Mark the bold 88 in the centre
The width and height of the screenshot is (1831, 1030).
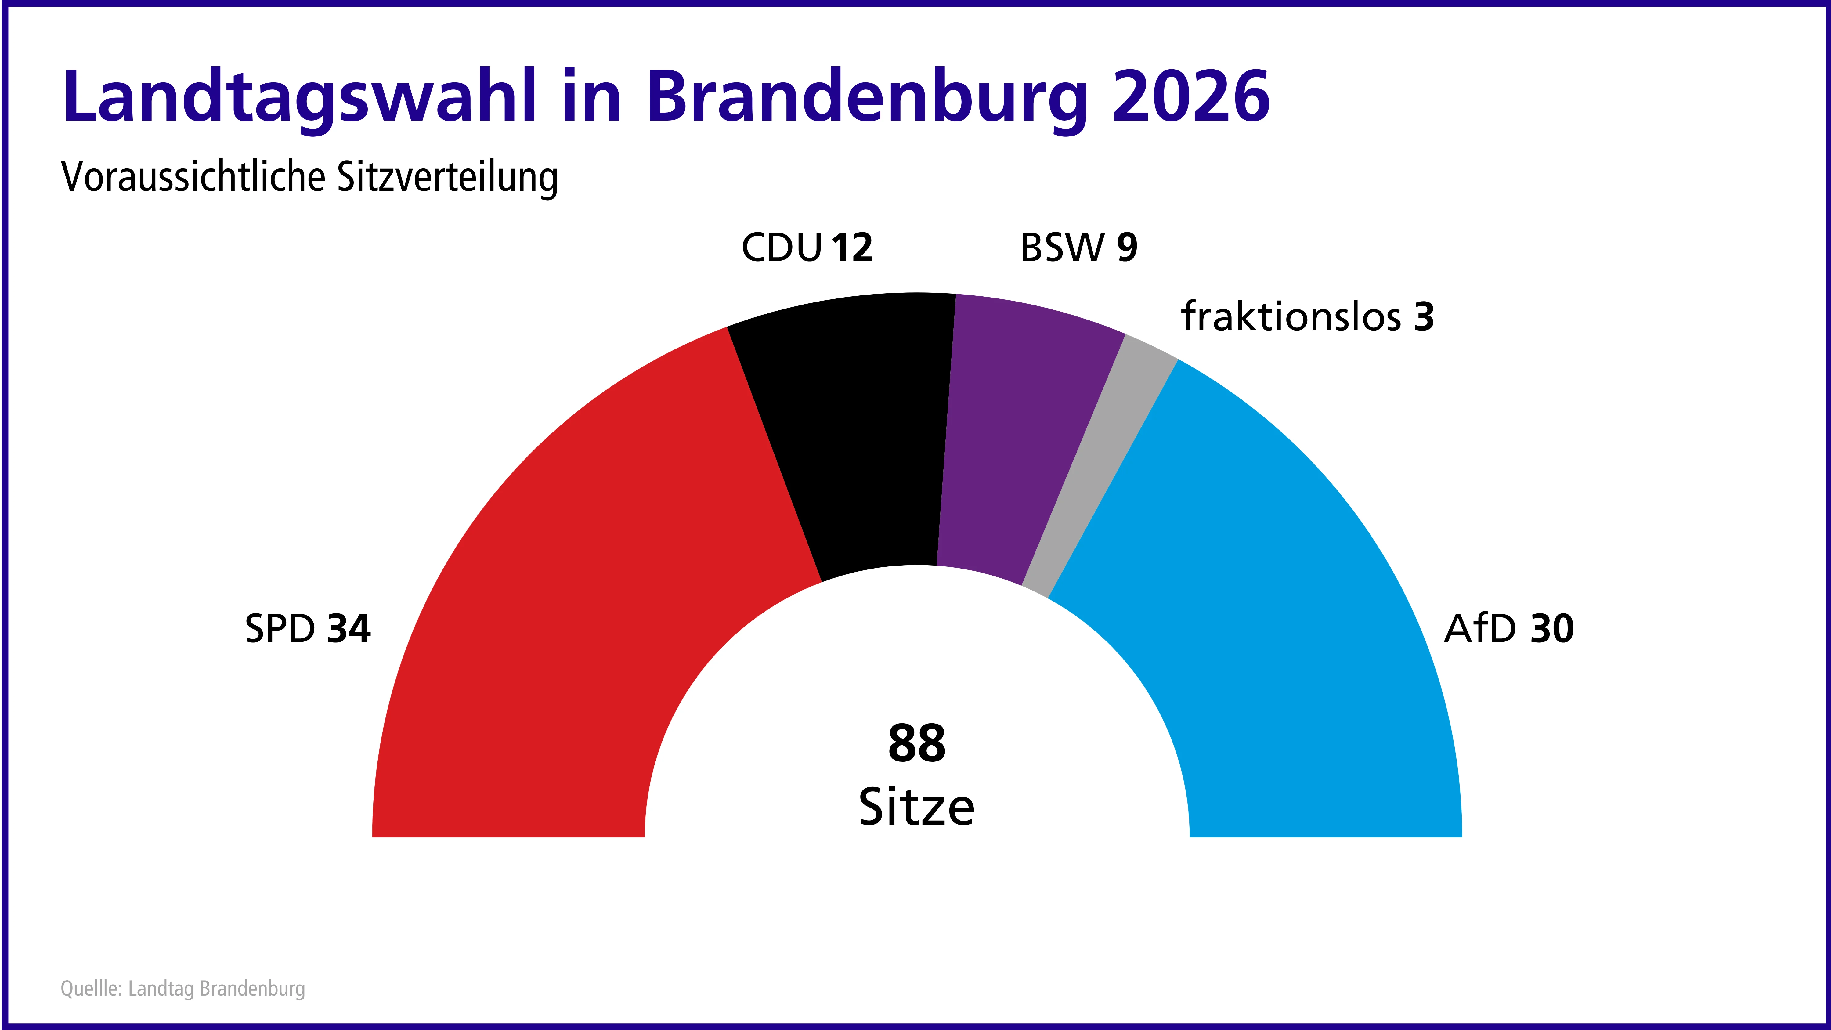(x=917, y=743)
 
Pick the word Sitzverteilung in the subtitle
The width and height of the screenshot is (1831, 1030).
(x=448, y=178)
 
